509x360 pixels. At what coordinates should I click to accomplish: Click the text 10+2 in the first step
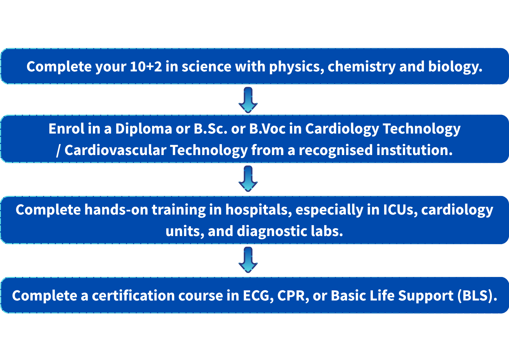pos(146,66)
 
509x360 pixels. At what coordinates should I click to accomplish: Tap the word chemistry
pos(362,67)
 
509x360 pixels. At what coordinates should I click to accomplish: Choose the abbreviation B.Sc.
pos(210,129)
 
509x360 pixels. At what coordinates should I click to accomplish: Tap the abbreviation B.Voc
pos(267,129)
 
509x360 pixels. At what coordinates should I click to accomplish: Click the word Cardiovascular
pos(115,150)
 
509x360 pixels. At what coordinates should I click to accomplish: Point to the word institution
pos(414,150)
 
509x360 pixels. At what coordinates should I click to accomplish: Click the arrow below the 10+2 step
pos(248,100)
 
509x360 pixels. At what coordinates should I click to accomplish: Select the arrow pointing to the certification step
pos(248,260)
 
